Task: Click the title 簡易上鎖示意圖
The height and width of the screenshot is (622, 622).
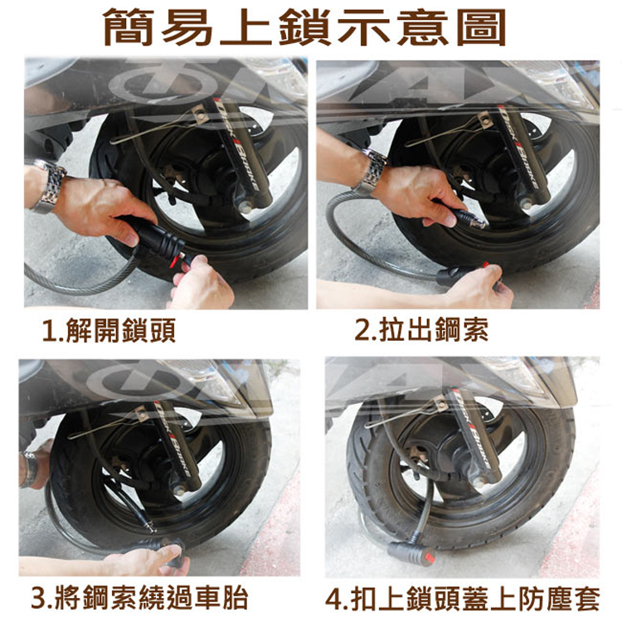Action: (304, 27)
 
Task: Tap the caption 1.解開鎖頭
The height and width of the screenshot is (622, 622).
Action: (109, 330)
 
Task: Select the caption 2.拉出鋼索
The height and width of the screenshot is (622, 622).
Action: (421, 329)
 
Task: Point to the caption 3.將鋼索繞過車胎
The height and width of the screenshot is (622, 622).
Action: (139, 598)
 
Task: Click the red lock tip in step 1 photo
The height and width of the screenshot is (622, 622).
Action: (174, 260)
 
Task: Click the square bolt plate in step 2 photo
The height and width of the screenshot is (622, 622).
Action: (486, 120)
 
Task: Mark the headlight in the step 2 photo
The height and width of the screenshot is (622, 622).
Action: (554, 83)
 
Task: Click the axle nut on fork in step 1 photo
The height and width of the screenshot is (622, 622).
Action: (245, 207)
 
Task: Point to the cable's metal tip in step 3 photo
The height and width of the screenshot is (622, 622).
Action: (149, 527)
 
